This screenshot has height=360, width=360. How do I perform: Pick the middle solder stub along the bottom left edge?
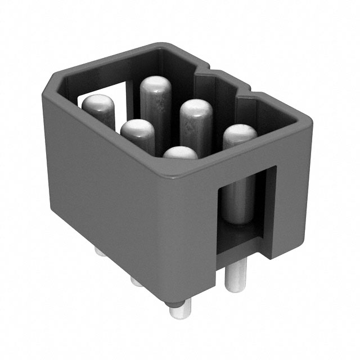pyautogui.click(x=137, y=280)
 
